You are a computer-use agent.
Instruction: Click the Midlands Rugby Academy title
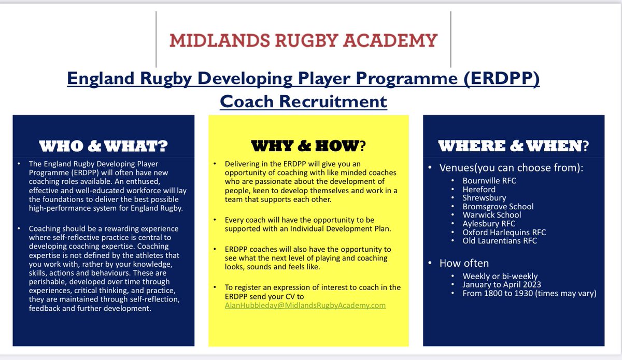pos(303,40)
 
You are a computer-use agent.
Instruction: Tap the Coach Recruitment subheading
pos(303,101)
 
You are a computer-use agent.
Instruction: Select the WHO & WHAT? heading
pos(104,146)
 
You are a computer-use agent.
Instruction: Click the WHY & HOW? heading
pos(308,146)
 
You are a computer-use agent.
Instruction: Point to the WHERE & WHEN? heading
pos(513,146)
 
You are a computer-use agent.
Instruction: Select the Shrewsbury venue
pos(485,198)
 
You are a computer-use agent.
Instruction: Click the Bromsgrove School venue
pos(498,207)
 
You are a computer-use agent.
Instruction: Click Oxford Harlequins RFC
pos(504,232)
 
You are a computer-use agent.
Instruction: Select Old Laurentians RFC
pos(500,241)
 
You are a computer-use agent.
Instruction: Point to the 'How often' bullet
pos(464,263)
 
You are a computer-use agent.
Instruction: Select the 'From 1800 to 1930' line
pos(530,293)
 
